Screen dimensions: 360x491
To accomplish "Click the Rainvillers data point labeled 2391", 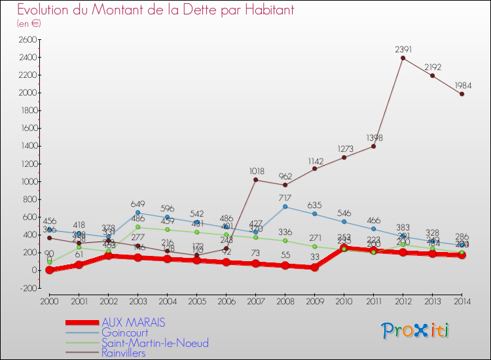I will point(403,58).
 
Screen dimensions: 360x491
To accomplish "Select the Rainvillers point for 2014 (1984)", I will point(462,94).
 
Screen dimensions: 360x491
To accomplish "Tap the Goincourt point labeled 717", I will point(285,207).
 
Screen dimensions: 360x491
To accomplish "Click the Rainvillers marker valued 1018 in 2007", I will point(255,180).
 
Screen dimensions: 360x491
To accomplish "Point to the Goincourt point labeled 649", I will point(137,213).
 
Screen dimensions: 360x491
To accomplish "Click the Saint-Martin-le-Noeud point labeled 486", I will point(137,227).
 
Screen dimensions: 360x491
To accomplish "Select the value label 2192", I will point(432,67).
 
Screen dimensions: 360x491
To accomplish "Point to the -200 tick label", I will point(26,288).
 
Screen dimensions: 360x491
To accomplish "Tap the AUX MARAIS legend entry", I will point(133,323).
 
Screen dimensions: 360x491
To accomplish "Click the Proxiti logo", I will point(415,330).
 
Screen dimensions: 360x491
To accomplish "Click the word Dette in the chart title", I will point(169,10).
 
